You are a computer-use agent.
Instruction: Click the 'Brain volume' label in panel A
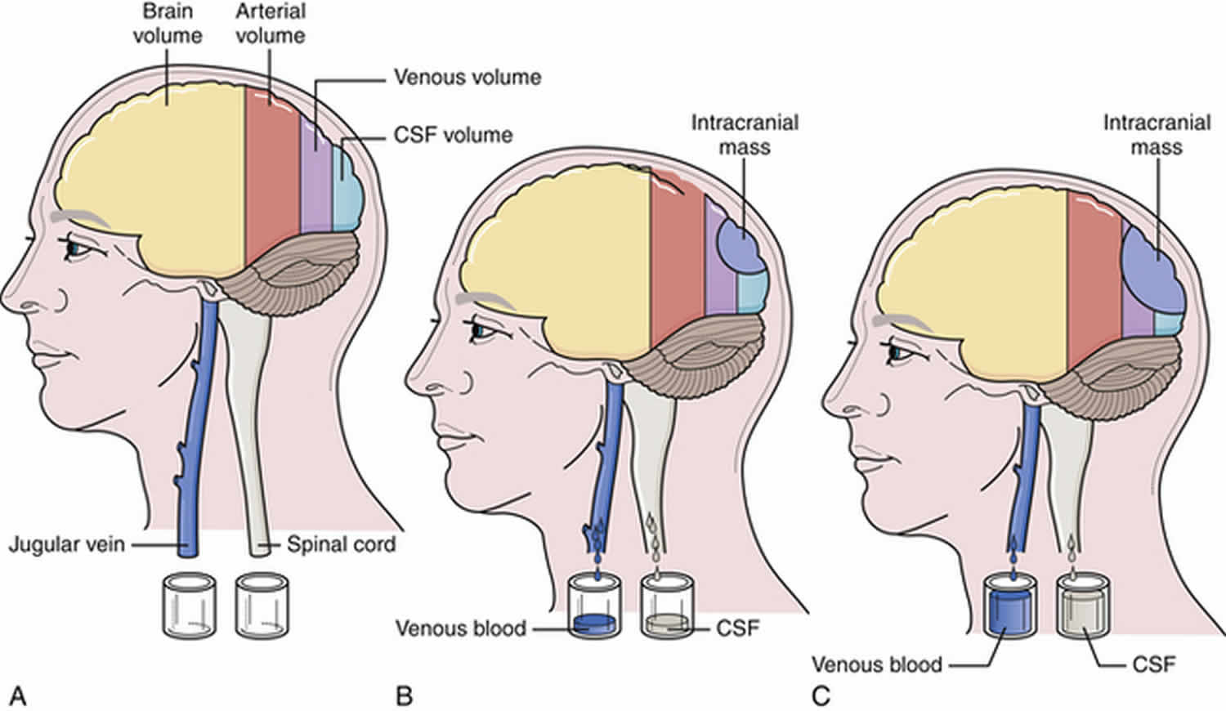[168, 24]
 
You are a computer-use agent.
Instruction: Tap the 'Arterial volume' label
[271, 24]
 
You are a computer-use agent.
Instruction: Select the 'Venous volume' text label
[468, 78]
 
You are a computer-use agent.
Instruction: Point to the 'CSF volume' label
[453, 135]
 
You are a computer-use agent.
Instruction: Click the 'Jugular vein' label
[67, 544]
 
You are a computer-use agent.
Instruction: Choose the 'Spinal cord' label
[341, 544]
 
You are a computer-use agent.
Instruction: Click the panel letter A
[18, 697]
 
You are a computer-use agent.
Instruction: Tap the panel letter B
[404, 697]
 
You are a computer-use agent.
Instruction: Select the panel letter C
[821, 697]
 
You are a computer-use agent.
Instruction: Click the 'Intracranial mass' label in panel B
[745, 135]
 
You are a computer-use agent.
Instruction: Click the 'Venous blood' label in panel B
[461, 628]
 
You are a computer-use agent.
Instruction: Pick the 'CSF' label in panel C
[1154, 664]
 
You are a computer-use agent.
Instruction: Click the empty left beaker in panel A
[189, 606]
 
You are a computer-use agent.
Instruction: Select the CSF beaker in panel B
[667, 606]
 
